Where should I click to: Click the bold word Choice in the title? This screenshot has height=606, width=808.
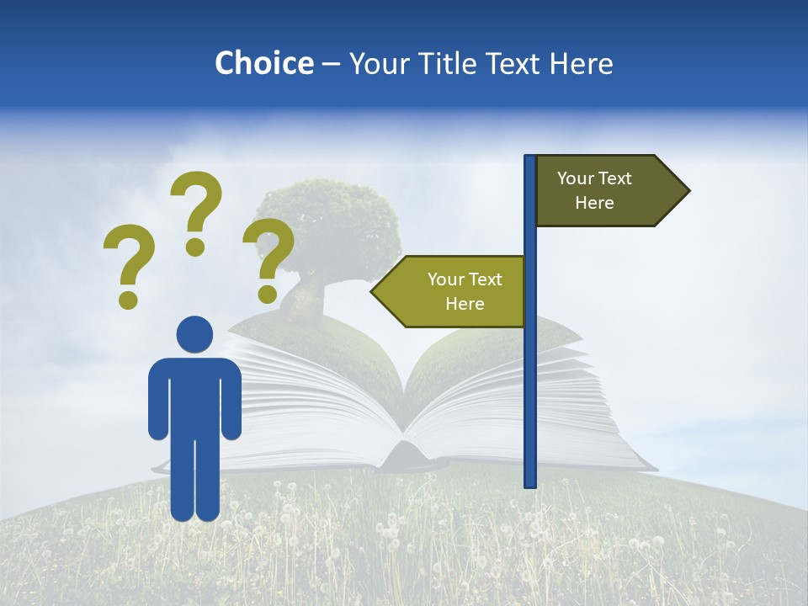(x=263, y=63)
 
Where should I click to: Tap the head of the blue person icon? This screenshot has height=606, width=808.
(x=194, y=334)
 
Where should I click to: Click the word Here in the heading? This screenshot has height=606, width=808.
(x=582, y=63)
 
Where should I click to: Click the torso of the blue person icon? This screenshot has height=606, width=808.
(x=194, y=396)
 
